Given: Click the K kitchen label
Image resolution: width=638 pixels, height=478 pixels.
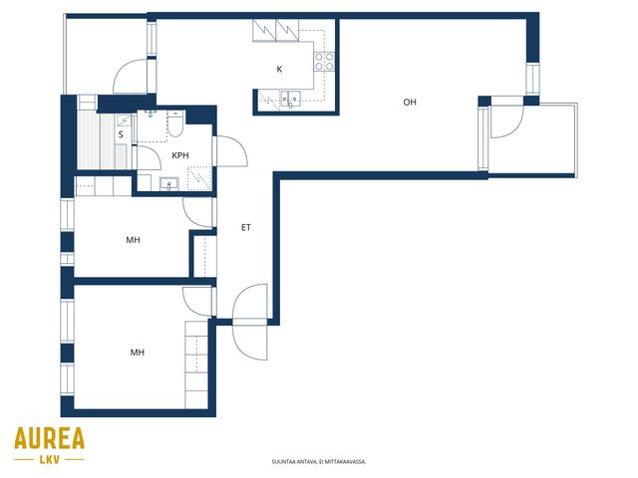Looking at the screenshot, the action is (279, 69).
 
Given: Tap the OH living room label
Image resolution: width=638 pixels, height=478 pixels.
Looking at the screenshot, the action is (410, 102).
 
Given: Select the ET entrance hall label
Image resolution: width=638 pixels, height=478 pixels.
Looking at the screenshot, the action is (246, 228).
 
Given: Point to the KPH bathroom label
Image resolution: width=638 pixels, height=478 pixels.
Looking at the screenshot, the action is (180, 155).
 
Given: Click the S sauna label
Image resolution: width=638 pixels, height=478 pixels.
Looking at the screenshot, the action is (121, 134).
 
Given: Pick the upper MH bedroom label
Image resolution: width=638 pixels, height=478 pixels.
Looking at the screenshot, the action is (133, 240).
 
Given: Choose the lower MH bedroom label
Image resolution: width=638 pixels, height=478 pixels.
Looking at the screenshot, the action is (138, 352).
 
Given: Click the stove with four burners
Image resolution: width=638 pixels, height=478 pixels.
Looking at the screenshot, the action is (324, 62).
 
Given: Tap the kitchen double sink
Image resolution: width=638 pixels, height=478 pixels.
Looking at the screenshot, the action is (290, 99).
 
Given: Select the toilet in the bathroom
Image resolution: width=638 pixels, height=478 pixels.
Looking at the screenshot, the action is (175, 122).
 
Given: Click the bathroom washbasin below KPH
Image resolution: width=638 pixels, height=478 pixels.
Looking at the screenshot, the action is (168, 184).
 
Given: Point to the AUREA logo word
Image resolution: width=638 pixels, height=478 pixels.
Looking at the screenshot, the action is (49, 438).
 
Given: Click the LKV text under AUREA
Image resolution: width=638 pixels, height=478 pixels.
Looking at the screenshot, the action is (50, 460).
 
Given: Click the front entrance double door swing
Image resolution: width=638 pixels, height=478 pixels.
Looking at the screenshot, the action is (250, 322).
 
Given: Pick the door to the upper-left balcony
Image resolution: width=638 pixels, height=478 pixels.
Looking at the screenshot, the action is (131, 77).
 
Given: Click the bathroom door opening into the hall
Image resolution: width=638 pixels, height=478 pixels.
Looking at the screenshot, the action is (230, 151).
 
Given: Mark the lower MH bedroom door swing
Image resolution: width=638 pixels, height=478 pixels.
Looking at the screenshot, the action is (197, 301).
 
